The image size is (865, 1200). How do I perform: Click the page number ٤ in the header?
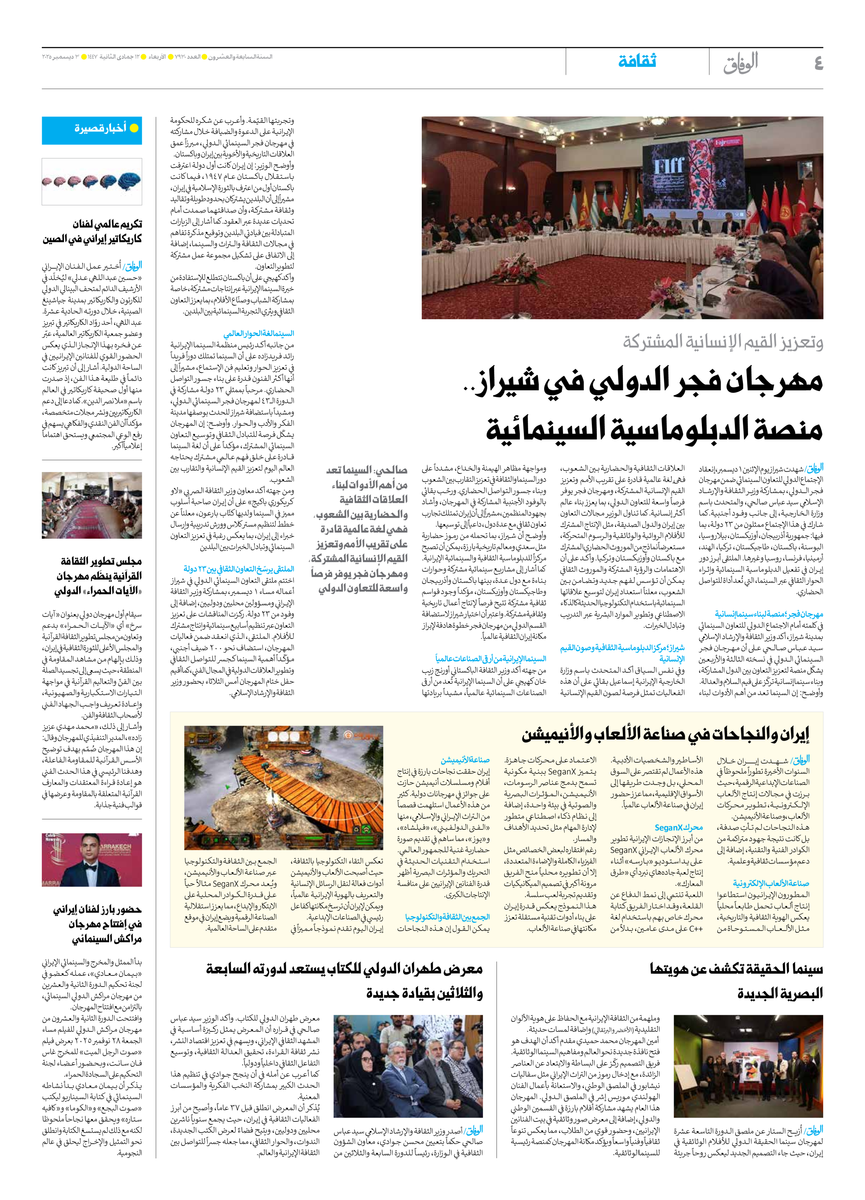pyautogui.click(x=818, y=63)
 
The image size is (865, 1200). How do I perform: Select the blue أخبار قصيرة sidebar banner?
pyautogui.click(x=92, y=130)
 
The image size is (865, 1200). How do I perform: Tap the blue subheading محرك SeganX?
pyautogui.click(x=678, y=828)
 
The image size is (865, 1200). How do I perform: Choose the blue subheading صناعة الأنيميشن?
pyautogui.click(x=465, y=760)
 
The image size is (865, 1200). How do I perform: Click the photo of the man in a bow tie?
pyautogui.click(x=92, y=860)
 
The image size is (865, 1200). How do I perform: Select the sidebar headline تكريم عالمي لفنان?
pyautogui.click(x=107, y=224)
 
